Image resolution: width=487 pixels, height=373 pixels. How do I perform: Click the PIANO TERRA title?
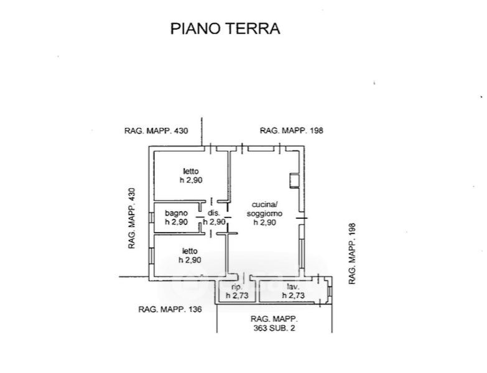pos(225,29)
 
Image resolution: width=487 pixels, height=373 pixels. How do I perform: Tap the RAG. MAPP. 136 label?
pos(170,310)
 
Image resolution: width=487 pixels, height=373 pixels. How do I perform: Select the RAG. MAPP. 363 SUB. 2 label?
pos(274,323)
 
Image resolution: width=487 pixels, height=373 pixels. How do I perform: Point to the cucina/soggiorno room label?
pos(264,209)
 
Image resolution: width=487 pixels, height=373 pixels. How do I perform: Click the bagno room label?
pos(176,213)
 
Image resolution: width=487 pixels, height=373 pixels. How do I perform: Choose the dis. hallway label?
pos(214,213)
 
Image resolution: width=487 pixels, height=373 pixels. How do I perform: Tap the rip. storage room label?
pos(237,287)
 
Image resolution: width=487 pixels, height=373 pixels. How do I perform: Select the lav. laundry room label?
pos(293,287)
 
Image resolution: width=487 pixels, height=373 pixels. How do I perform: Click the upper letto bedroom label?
pos(191,171)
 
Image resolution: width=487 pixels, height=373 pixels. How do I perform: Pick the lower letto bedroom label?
pos(190,251)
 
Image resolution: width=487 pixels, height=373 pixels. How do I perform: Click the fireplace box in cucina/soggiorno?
pos(294,181)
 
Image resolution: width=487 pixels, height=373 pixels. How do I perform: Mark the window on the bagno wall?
pos(151,217)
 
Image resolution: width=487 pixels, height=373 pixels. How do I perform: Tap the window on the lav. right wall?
pos(330,291)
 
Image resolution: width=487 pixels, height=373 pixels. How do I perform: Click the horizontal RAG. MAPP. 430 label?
pos(156,131)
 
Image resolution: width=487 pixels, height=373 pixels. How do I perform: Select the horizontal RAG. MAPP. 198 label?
pos(291,131)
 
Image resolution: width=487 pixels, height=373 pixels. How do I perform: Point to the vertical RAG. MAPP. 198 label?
pos(352,254)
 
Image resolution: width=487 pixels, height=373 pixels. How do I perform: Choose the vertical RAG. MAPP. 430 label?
pos(132,218)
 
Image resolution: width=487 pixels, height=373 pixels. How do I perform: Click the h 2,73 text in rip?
pos(237,295)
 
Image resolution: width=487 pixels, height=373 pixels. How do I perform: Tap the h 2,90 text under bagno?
pos(176,222)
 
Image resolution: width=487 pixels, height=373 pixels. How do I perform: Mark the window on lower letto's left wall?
pos(151,255)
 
